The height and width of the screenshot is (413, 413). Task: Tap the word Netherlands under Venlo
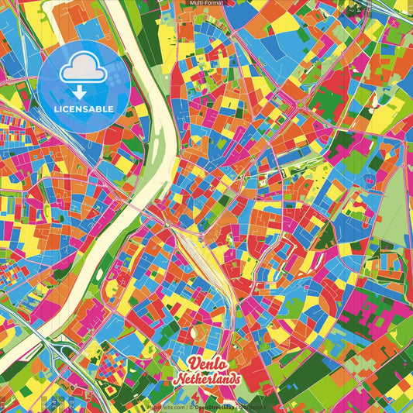(207, 379)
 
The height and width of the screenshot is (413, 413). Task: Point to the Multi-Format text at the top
(206, 3)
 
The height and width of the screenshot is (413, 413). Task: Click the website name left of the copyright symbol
(166, 406)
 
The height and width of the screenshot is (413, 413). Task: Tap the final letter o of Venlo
(222, 366)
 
